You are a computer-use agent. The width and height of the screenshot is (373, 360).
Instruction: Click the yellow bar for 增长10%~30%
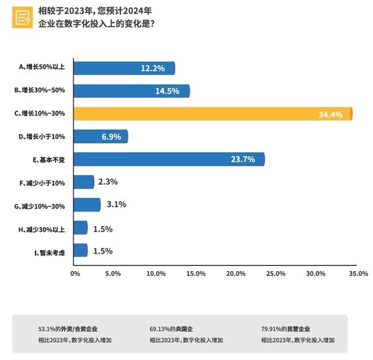point(212,114)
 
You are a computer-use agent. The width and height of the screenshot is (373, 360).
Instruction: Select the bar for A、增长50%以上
point(123,68)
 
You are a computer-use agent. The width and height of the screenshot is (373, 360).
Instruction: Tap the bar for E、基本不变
point(169,159)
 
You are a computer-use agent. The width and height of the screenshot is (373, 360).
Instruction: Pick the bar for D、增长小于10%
point(100,137)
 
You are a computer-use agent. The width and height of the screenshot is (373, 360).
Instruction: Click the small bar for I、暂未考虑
point(80,250)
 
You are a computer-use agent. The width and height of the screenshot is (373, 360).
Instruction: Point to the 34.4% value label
point(331,115)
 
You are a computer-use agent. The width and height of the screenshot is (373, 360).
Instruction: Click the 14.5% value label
point(168,91)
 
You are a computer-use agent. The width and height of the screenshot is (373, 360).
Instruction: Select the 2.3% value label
point(108,182)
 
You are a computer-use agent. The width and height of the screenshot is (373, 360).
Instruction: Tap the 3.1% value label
point(116,204)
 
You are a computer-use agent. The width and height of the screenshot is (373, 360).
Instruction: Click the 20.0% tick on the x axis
point(235,274)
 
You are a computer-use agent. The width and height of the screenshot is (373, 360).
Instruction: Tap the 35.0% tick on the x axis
point(358,274)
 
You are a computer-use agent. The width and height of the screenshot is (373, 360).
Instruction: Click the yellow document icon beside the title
point(22,18)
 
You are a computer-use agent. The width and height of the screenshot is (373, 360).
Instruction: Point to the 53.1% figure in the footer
point(46,330)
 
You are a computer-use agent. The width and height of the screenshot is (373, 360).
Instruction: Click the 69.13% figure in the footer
point(160,330)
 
